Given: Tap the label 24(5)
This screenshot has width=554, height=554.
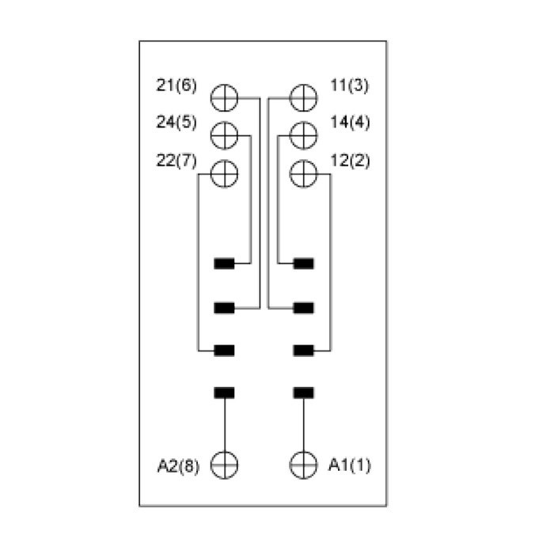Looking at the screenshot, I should tap(176, 123).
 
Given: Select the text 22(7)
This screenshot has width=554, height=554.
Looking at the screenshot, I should tap(176, 161).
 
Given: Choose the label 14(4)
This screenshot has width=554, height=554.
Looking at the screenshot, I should tap(348, 123).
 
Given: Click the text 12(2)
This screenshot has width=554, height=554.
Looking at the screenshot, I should tap(348, 161).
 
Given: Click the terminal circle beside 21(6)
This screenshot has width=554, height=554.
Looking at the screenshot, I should tap(225, 98).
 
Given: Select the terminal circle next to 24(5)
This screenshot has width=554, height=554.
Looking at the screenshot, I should tap(225, 135).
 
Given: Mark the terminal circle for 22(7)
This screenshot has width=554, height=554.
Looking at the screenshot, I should tap(225, 173).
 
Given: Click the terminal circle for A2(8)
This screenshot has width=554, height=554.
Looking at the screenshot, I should tap(225, 464).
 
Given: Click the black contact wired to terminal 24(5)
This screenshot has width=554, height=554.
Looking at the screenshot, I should tap(225, 264).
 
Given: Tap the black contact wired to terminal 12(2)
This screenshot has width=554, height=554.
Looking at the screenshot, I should tap(302, 349).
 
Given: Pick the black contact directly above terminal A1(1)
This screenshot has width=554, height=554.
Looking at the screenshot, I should tap(302, 392).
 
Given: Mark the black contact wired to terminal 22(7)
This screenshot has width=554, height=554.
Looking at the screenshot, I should tap(225, 349).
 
